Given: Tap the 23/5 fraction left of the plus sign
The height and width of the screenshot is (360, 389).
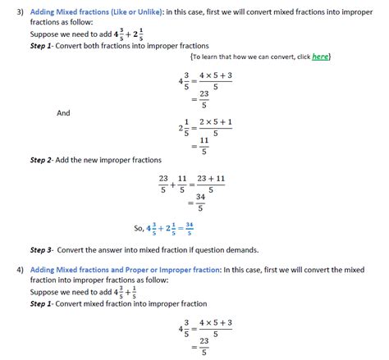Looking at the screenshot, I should pos(164,183).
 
